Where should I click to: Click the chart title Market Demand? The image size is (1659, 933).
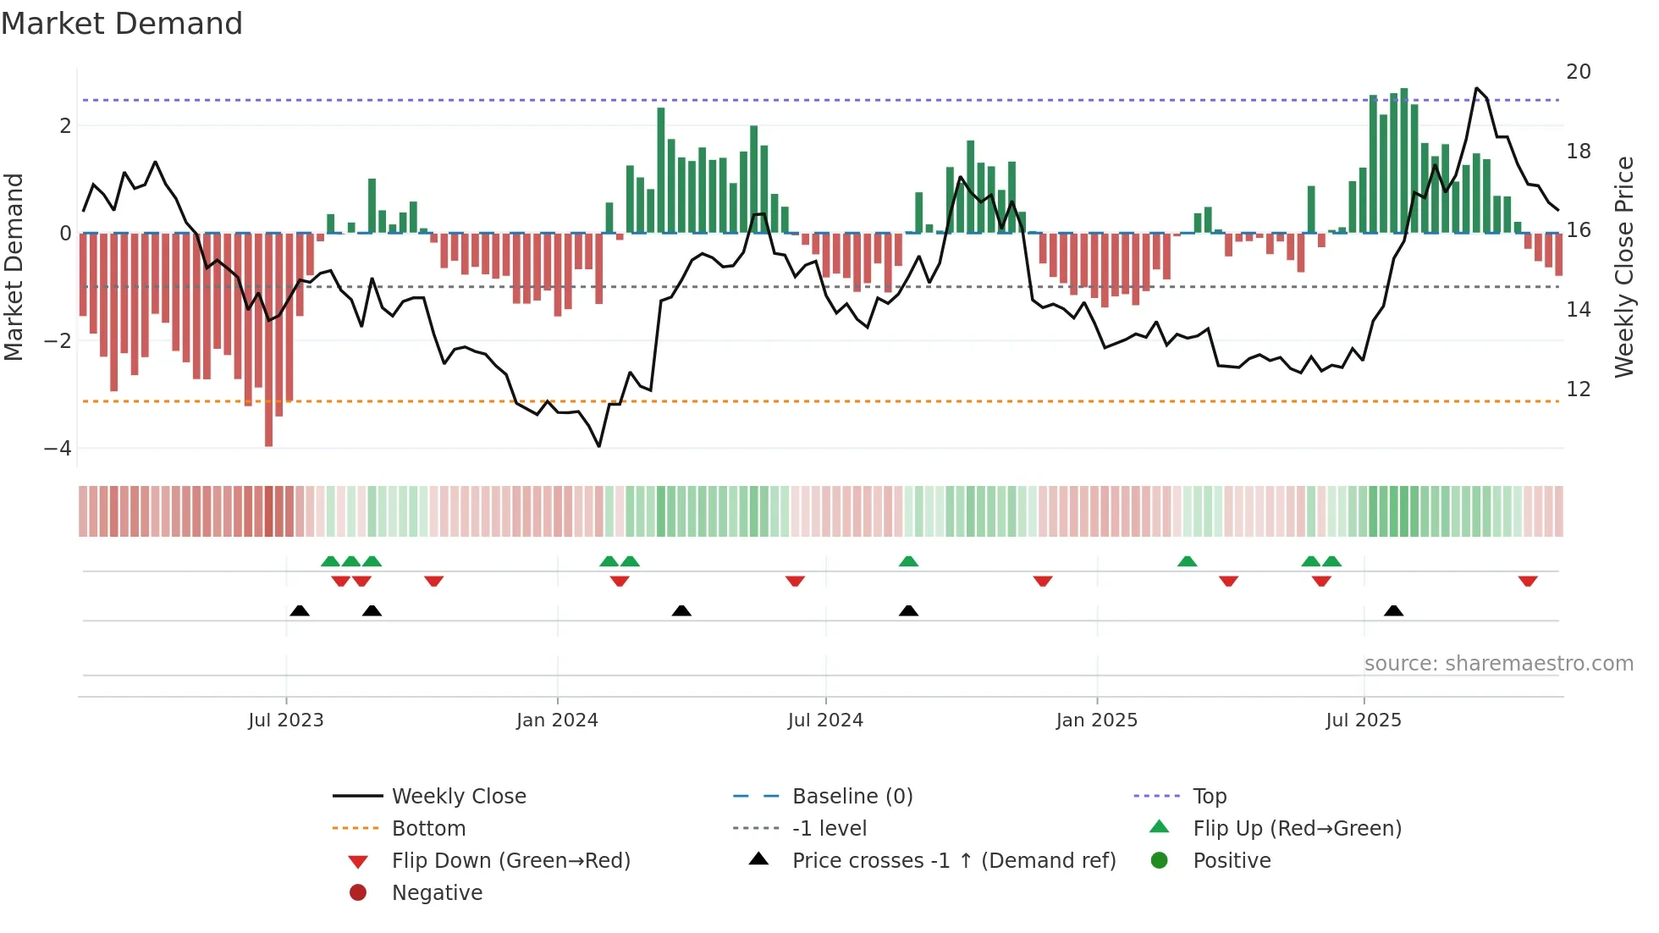122,24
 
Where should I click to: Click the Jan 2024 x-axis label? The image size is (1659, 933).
557,720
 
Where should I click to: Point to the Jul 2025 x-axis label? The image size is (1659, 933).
1364,720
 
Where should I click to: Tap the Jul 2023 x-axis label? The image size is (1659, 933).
286,720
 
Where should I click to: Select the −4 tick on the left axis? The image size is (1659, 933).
58,449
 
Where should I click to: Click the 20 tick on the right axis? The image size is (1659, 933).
1578,72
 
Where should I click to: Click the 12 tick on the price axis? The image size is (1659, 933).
1578,389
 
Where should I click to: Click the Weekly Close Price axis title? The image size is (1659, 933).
1623,267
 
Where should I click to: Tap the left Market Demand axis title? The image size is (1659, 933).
14,267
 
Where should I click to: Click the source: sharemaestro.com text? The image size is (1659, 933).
1498,664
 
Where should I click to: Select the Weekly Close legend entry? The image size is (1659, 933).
458,797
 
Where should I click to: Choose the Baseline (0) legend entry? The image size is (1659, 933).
852,797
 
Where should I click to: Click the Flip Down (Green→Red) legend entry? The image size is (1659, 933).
510,861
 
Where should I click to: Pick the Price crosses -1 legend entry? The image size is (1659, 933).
953,861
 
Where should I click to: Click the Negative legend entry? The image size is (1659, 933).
437,893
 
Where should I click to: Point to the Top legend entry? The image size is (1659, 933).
1209,797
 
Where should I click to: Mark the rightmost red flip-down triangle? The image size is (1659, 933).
1528,581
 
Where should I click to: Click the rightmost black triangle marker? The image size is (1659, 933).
1393,610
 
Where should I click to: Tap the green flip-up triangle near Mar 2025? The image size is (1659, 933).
1188,561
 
